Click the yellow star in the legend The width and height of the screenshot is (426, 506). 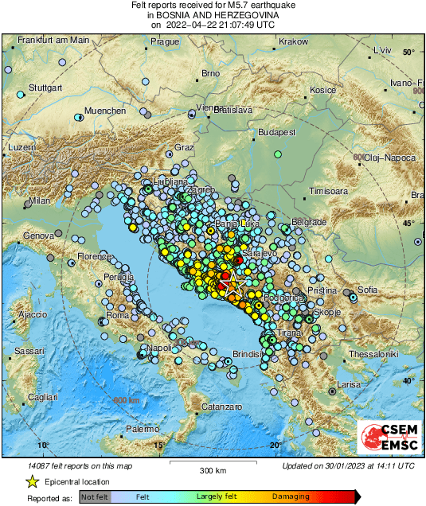coord(32,481)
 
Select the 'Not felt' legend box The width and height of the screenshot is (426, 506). coord(94,496)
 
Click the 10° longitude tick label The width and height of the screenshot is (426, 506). coord(43,444)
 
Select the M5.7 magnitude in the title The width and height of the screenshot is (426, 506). coord(229,5)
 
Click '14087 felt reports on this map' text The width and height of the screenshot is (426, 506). coord(80,465)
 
